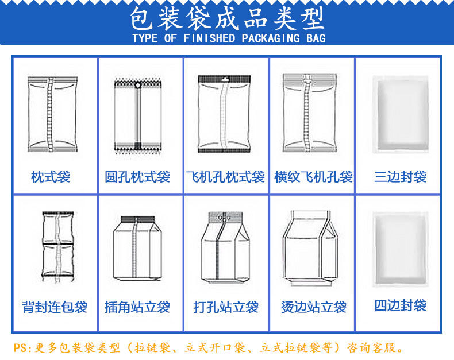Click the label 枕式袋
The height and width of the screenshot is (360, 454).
(x=51, y=177)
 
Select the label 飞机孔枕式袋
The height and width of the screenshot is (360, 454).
(x=225, y=177)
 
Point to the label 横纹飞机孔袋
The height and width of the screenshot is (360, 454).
(x=313, y=177)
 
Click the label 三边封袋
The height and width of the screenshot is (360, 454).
(x=400, y=177)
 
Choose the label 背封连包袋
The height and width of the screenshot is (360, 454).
(x=55, y=307)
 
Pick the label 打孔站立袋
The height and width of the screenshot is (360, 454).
(x=226, y=307)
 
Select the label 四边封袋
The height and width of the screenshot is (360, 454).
(x=401, y=305)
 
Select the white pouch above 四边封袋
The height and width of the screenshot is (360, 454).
(x=400, y=249)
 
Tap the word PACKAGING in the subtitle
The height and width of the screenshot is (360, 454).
(x=272, y=39)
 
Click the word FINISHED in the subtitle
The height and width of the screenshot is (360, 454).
(x=209, y=39)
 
